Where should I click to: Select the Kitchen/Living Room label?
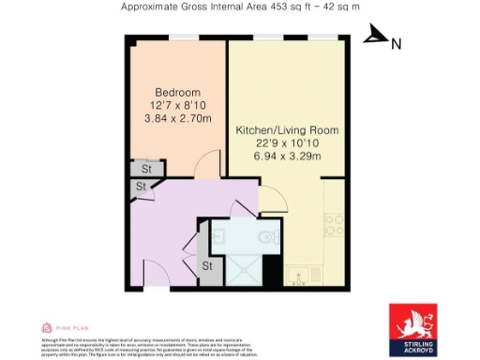pyautogui.click(x=287, y=129)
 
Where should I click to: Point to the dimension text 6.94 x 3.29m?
pyautogui.click(x=287, y=156)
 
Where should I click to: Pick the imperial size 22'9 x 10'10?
pyautogui.click(x=287, y=142)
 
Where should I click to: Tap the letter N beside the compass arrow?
pyautogui.click(x=396, y=43)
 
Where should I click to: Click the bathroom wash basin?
pyautogui.click(x=217, y=237)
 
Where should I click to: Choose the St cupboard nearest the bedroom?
pyautogui.click(x=146, y=169)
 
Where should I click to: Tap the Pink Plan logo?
pyautogui.click(x=58, y=328)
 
